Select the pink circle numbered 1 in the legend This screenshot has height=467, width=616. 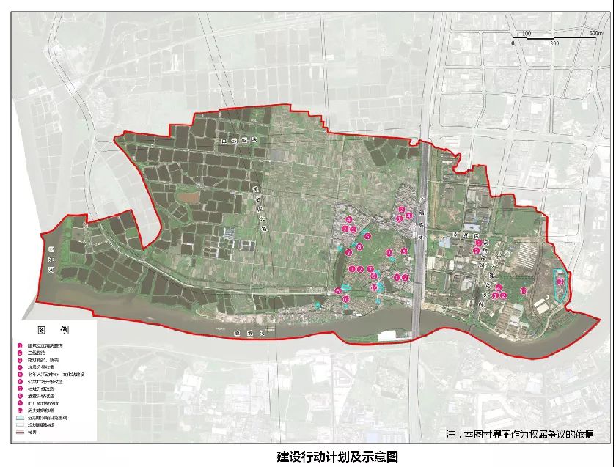(x=21, y=346)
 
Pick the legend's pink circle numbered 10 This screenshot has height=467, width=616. (x=21, y=409)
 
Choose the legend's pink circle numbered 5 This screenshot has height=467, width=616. (x=21, y=374)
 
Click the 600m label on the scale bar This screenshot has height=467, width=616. (x=595, y=33)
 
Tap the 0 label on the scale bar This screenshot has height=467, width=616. (x=513, y=43)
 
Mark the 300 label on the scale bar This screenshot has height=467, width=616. (x=554, y=43)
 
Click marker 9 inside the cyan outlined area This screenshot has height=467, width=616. (x=560, y=281)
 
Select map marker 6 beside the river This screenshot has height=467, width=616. (x=337, y=291)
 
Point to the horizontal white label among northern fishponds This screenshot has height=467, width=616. (x=230, y=139)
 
